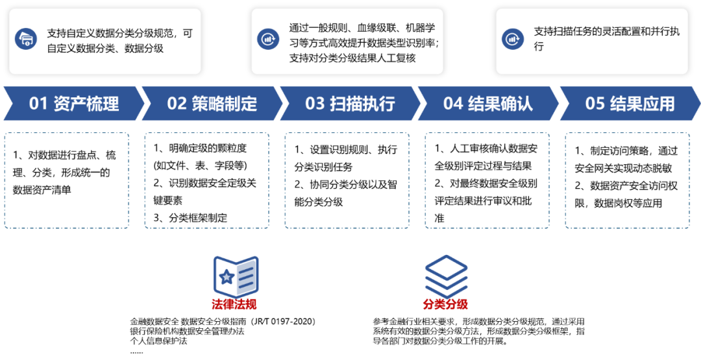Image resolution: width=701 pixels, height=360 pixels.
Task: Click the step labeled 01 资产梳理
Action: point(73,104)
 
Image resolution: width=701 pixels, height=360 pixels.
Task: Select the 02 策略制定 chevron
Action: point(212,104)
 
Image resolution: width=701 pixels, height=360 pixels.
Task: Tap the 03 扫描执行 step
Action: point(350,104)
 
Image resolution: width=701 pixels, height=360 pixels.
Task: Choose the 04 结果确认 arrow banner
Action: point(487,104)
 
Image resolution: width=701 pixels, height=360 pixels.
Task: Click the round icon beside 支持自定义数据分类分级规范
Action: point(26,39)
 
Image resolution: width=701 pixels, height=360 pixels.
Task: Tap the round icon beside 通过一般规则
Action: point(267,39)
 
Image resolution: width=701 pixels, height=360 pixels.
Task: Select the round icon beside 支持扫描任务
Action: point(513,39)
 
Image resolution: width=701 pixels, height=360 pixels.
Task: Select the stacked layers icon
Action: point(446,276)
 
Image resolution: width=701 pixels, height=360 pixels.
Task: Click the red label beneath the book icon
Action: point(234,304)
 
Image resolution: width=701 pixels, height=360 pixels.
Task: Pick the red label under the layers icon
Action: point(445,304)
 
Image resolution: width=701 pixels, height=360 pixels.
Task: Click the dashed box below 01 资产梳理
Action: point(67,180)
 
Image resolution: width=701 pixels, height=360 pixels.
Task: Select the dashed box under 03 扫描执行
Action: point(347,180)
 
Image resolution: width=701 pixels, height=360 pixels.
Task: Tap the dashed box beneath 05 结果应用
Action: point(627,180)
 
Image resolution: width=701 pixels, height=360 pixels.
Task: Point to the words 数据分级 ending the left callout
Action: point(144,49)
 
